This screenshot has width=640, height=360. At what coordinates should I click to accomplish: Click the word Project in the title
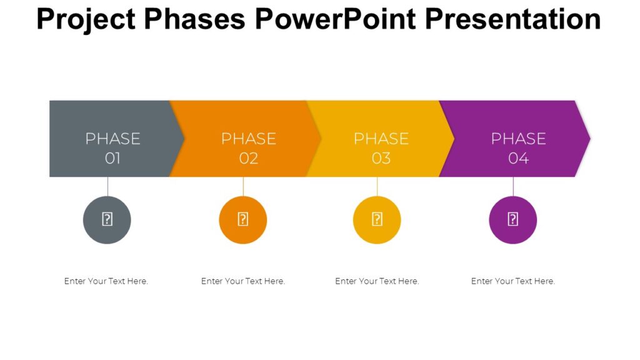click(86, 19)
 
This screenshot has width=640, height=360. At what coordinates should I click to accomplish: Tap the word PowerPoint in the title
click(335, 19)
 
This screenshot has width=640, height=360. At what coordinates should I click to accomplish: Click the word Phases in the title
click(195, 19)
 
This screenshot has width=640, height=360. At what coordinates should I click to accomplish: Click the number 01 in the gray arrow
click(112, 159)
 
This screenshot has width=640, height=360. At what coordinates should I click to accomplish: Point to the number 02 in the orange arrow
click(249, 159)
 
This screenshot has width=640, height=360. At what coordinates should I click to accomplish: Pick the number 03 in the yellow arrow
click(381, 159)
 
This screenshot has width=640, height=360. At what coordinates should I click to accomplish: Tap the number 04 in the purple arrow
click(518, 159)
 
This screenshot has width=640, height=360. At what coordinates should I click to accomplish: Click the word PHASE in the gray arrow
click(112, 139)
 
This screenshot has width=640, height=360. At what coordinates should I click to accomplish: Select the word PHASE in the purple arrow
click(518, 139)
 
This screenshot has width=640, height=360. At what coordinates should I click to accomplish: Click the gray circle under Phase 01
click(107, 220)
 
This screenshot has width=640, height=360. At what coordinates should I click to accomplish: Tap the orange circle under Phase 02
click(243, 220)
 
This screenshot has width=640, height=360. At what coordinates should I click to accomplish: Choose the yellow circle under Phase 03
click(377, 220)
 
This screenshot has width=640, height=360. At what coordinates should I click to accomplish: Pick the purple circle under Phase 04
click(513, 220)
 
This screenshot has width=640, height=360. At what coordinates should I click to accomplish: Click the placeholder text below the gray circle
click(106, 281)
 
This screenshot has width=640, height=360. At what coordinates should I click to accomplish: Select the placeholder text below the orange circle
click(243, 281)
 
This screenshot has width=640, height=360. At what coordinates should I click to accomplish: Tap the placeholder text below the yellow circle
click(377, 281)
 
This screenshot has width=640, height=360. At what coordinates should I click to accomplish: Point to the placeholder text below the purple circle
click(513, 281)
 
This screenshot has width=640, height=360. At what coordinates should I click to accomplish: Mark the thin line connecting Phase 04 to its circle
click(513, 186)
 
